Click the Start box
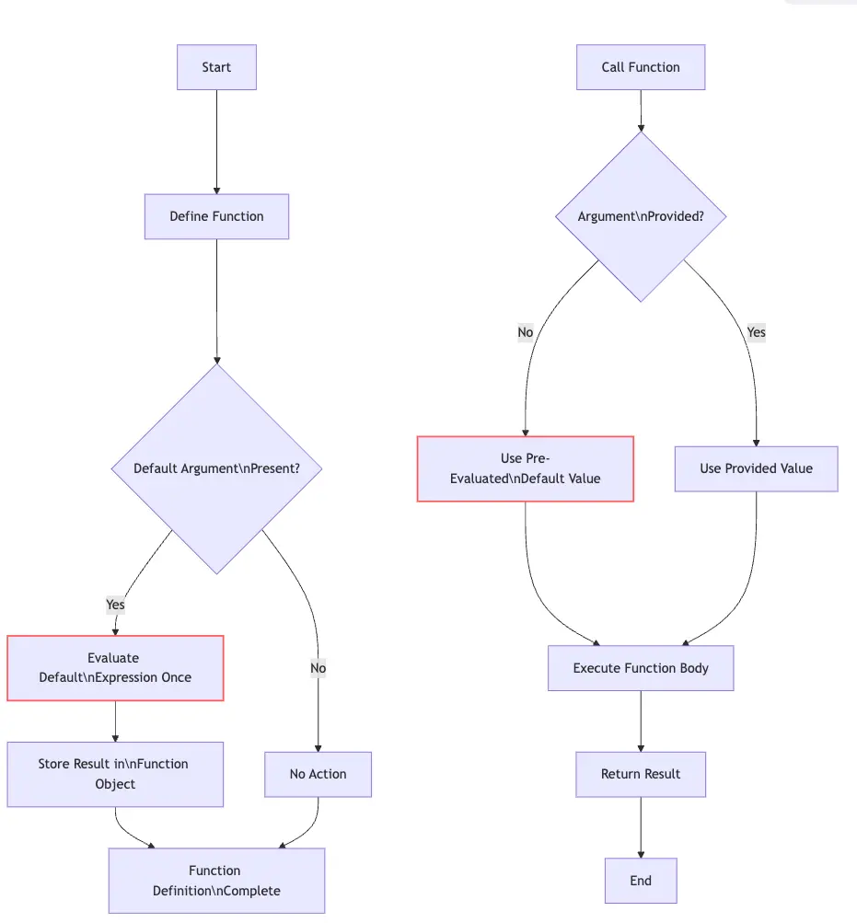click(216, 67)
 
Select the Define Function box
click(216, 216)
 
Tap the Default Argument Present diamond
click(216, 468)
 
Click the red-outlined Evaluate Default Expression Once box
click(115, 668)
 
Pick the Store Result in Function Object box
click(115, 774)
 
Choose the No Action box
click(318, 774)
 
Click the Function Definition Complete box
click(216, 881)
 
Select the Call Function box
click(641, 67)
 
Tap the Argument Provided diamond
click(641, 216)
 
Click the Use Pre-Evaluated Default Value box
click(526, 468)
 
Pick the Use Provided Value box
click(756, 468)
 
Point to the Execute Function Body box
click(641, 668)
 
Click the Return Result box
click(641, 774)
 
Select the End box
click(641, 881)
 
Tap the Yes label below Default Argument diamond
click(115, 605)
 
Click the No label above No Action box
click(318, 668)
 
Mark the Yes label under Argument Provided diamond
click(756, 332)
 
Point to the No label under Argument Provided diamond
click(526, 332)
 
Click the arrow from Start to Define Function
click(216, 142)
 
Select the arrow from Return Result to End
click(641, 827)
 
